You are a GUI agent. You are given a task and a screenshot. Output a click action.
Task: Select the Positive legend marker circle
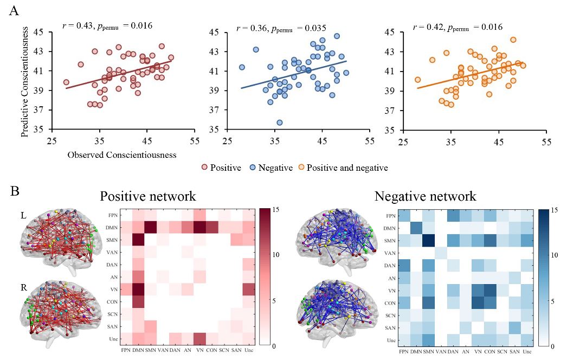(x=205, y=168)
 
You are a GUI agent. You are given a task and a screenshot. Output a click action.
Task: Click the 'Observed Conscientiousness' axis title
(x=122, y=155)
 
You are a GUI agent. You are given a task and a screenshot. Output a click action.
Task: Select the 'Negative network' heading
(x=425, y=196)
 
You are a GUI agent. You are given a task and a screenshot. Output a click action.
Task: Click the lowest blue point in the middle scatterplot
(x=280, y=123)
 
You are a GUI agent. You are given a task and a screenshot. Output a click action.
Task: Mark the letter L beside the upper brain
(x=23, y=215)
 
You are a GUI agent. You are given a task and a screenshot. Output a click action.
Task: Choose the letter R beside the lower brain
(x=23, y=282)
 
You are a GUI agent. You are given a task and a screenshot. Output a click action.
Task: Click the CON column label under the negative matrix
(x=489, y=352)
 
